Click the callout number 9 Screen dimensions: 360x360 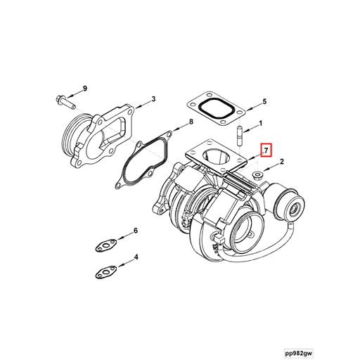[84, 88]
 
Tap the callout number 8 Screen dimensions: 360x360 [191, 122]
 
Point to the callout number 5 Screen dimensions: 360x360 [264, 102]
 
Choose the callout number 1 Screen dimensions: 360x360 [260, 124]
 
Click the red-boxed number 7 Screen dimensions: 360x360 [265, 150]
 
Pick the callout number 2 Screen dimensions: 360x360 [281, 162]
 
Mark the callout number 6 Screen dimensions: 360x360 [136, 231]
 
